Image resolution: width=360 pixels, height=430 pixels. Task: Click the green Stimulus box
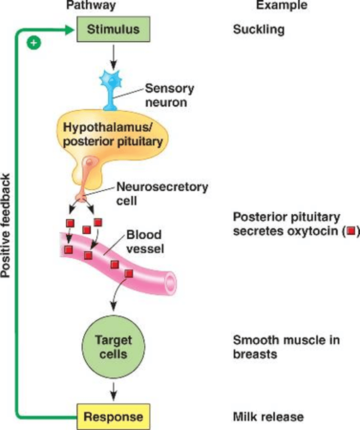114,29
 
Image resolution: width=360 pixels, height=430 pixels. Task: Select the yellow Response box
113,417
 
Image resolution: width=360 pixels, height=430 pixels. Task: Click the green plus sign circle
33,43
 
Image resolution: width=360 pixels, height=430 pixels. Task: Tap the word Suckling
259,29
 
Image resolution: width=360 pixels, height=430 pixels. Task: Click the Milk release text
268,417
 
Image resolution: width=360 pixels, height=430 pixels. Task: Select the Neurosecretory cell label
162,193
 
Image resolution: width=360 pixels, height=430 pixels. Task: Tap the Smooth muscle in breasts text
286,347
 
